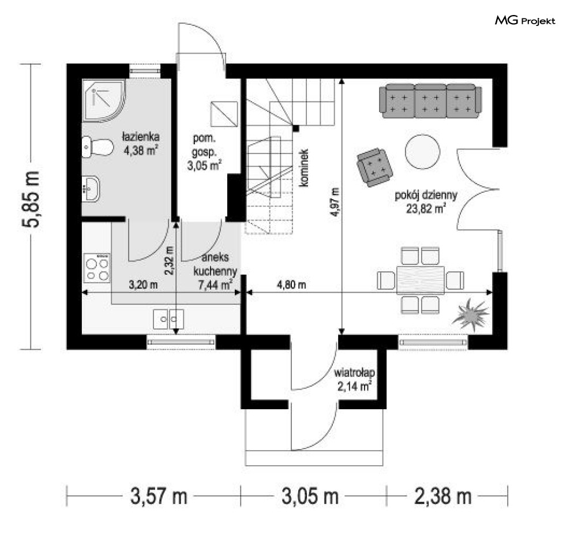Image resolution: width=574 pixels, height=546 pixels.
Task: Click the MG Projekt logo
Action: pyautogui.click(x=525, y=21)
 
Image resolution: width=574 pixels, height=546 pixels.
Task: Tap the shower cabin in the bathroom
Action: pyautogui.click(x=104, y=100)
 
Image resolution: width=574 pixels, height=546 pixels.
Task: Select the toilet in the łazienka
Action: pyautogui.click(x=97, y=147)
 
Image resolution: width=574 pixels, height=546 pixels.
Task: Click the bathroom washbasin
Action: pyautogui.click(x=91, y=189)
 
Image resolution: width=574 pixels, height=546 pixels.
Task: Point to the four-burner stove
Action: pyautogui.click(x=97, y=268)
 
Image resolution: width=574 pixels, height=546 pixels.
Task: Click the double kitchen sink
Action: pyautogui.click(x=168, y=319)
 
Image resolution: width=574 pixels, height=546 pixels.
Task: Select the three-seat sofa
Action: pyautogui.click(x=430, y=101)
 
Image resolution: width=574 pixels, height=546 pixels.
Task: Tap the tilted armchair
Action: pyautogui.click(x=375, y=167)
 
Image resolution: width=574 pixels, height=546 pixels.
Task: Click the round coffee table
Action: pyautogui.click(x=422, y=152)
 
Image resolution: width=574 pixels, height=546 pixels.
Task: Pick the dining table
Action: pyautogui.click(x=421, y=280)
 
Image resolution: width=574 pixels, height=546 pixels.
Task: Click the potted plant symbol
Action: pyautogui.click(x=471, y=314)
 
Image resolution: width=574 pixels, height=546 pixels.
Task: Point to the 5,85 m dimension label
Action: pyautogui.click(x=31, y=199)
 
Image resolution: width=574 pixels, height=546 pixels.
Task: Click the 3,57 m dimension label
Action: pyautogui.click(x=159, y=497)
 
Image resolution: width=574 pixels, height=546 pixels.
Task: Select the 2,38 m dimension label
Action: pyautogui.click(x=443, y=497)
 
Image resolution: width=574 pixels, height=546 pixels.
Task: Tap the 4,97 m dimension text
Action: pyautogui.click(x=335, y=202)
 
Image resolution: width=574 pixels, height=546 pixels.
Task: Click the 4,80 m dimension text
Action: pyautogui.click(x=291, y=285)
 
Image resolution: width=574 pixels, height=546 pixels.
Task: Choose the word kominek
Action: pyautogui.click(x=303, y=168)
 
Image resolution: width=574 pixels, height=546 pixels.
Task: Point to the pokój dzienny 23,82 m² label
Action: pyautogui.click(x=426, y=202)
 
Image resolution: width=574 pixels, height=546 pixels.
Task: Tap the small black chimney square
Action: pyautogui.click(x=296, y=129)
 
